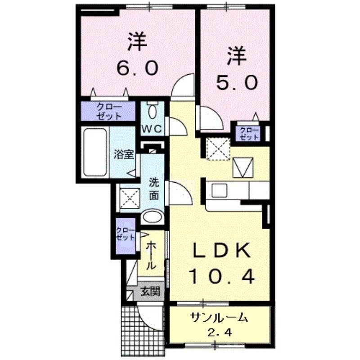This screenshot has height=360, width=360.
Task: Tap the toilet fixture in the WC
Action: (152, 110)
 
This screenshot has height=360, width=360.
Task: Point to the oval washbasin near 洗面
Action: (152, 218)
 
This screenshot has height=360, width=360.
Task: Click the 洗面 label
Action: (154, 189)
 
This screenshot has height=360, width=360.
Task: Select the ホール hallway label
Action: (152, 255)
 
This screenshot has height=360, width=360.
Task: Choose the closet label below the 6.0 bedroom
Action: (108, 112)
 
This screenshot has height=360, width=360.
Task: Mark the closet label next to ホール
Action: (125, 234)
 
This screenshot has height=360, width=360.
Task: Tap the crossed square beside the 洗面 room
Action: (129, 197)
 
